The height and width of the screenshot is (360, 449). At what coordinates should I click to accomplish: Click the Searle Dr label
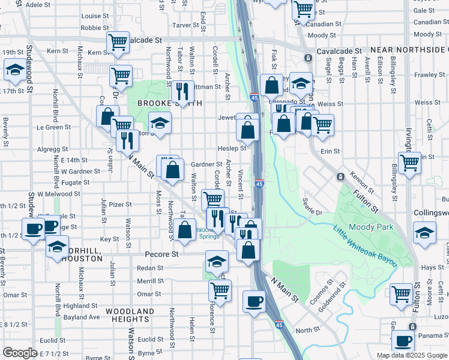[312, 208]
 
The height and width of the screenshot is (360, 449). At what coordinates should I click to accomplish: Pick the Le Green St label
[54, 127]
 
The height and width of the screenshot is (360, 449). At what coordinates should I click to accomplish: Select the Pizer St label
[120, 205]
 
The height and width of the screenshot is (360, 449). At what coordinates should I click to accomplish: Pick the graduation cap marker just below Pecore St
[217, 261]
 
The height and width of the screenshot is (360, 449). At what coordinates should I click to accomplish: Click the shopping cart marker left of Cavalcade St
[118, 42]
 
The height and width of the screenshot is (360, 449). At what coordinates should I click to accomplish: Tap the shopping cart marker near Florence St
[220, 290]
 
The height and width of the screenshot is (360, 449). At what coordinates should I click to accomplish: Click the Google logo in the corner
[20, 353]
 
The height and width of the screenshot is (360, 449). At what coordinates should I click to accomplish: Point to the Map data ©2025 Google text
[411, 355]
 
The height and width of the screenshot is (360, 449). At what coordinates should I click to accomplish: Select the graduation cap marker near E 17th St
[14, 71]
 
